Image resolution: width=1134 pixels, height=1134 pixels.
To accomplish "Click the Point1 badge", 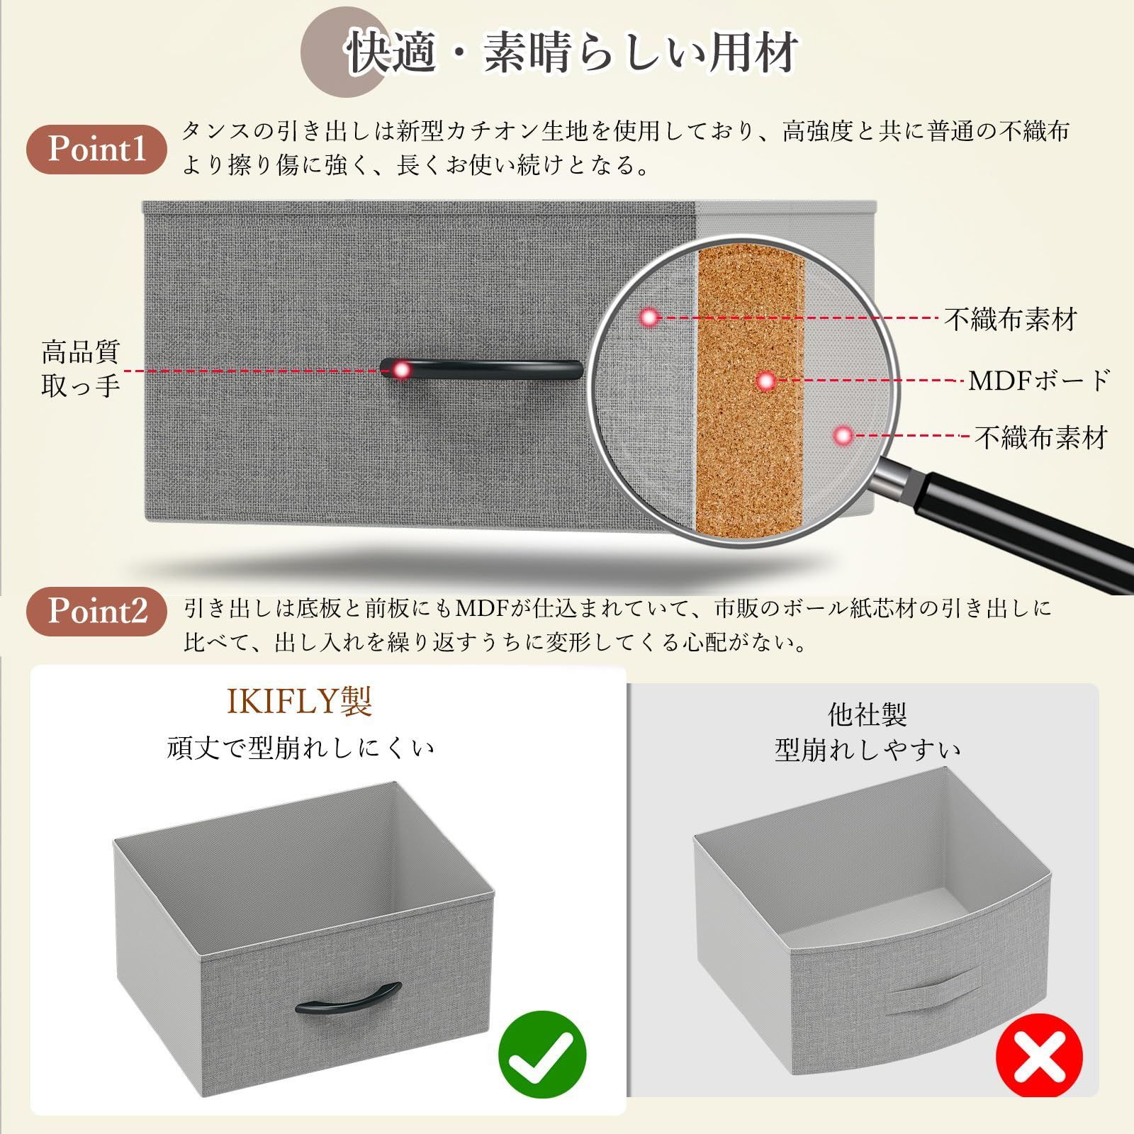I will click(x=97, y=150).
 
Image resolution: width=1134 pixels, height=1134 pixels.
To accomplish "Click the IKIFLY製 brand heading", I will click(x=300, y=702).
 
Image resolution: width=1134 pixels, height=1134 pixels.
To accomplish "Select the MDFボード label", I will click(x=1038, y=381).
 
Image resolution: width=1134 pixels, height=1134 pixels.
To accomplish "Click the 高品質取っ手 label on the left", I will click(x=80, y=369).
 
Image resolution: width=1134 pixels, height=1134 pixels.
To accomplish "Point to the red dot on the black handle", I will click(x=402, y=369).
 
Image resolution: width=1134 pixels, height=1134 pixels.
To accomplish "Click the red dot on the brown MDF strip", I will click(x=765, y=381).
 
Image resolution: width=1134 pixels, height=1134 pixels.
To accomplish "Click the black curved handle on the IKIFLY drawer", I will click(x=348, y=999).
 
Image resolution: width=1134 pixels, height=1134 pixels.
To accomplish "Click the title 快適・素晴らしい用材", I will click(x=571, y=51).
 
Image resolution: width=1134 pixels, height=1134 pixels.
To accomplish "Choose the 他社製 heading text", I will click(x=868, y=714).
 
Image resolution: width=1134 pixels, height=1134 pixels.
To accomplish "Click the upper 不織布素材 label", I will click(x=1010, y=320).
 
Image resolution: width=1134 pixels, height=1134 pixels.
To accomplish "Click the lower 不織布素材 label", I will click(x=1040, y=437).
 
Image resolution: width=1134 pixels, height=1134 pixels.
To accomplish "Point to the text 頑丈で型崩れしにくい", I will click(x=301, y=748).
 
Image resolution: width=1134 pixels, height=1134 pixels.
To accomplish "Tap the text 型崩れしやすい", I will click(x=868, y=751).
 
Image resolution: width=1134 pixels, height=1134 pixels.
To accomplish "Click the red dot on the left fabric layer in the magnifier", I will click(x=649, y=318).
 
